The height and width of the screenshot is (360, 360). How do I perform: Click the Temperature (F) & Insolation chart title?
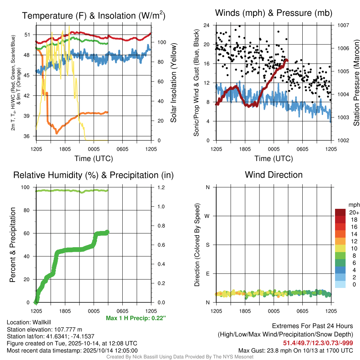[x=94, y=15]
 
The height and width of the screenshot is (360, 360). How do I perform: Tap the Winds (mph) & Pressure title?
[x=274, y=13]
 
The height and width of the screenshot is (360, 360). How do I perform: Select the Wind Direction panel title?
[x=274, y=175]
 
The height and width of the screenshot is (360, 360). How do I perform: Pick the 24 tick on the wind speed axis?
[x=207, y=25]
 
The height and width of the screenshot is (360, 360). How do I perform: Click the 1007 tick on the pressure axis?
[x=343, y=25]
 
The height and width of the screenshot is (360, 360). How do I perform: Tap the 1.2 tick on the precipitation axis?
[x=160, y=187]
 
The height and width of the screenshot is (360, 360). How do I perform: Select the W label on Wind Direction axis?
[x=207, y=216]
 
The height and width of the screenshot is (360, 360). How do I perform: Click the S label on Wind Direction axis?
[x=207, y=245]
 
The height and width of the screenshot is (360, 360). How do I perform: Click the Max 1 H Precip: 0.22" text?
[x=136, y=318]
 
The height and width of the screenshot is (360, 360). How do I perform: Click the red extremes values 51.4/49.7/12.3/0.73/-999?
[x=318, y=343]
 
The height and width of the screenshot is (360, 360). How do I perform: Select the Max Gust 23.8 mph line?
[x=296, y=350]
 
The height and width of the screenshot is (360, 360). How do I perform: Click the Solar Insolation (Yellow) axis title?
[x=173, y=83]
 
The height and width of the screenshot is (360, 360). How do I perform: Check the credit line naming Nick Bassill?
[x=180, y=357]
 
